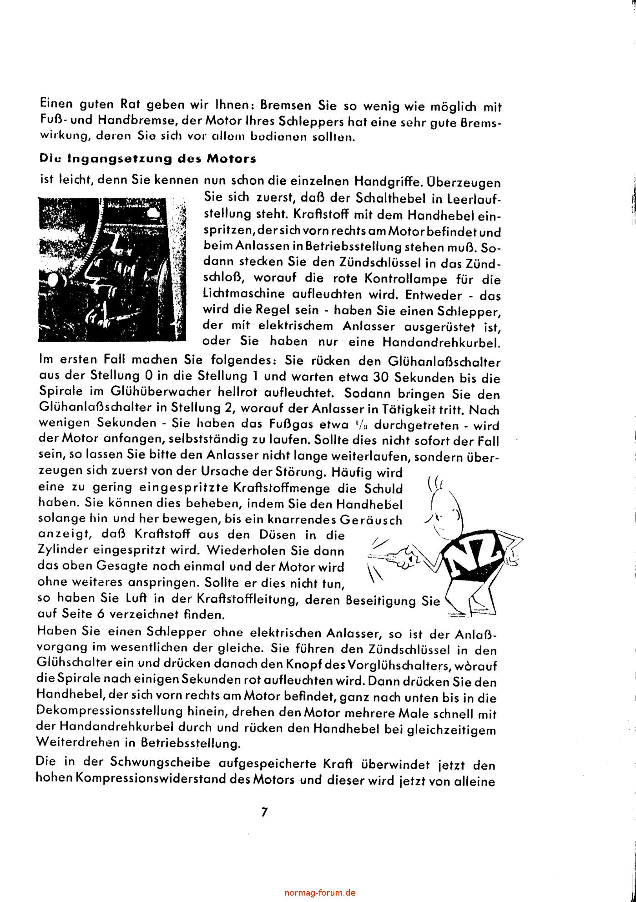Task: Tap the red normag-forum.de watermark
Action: coord(320,892)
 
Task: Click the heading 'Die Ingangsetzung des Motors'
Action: coord(148,159)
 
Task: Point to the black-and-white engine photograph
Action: coord(112,269)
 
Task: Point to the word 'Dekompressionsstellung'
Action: coord(111,712)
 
